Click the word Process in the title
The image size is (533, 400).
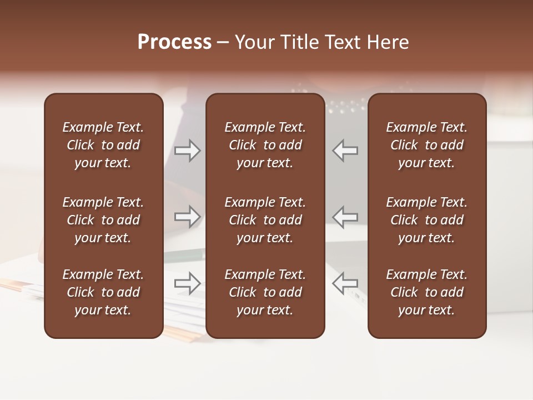coord(174,42)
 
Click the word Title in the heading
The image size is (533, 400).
coord(299,42)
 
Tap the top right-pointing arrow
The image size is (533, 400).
coord(188,151)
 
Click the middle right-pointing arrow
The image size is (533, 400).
coord(188,217)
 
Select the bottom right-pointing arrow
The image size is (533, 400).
coord(188,283)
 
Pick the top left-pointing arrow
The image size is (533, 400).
coord(345,151)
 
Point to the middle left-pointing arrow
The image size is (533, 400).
coord(345,217)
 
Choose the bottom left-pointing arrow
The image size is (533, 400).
coord(345,283)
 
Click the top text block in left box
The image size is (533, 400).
coord(103,145)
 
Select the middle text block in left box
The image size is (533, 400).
coord(103,220)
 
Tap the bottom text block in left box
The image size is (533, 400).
coord(103,292)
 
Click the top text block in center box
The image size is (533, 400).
coord(265,145)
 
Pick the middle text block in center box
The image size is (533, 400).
coord(265,220)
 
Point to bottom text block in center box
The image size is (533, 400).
coord(265,292)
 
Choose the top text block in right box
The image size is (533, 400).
coord(426,145)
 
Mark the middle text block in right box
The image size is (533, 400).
coord(426,220)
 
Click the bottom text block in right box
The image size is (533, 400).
coord(426,292)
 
